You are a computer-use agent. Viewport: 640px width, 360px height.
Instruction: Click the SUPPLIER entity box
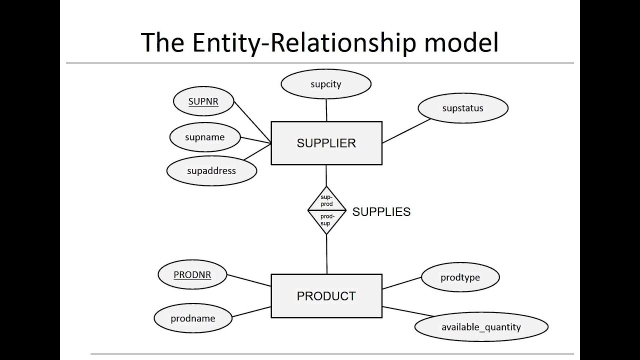pyautogui.click(x=326, y=143)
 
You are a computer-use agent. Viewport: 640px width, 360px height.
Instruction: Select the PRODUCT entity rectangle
pyautogui.click(x=326, y=296)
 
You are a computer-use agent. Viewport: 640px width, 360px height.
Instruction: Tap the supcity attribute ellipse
pyautogui.click(x=325, y=84)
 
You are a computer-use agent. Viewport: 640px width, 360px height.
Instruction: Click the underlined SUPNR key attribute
pyautogui.click(x=203, y=101)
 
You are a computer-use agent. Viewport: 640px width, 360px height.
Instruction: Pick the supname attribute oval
pyautogui.click(x=204, y=137)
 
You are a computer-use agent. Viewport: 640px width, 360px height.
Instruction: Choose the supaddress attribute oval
pyautogui.click(x=211, y=171)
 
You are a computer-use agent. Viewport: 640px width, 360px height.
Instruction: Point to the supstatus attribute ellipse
pyautogui.click(x=462, y=108)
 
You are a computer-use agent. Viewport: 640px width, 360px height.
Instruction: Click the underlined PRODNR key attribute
pyautogui.click(x=192, y=275)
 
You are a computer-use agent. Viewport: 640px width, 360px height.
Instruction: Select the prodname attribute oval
pyautogui.click(x=192, y=318)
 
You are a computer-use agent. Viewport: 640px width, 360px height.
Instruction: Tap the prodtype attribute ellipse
pyautogui.click(x=460, y=277)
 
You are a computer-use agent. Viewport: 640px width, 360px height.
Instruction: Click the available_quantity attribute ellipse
pyautogui.click(x=481, y=327)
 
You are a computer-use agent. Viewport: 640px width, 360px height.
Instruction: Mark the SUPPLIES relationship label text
pyautogui.click(x=381, y=212)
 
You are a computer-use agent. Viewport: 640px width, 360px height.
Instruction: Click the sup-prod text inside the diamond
pyautogui.click(x=326, y=201)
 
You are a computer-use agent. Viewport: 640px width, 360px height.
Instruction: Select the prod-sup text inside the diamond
pyautogui.click(x=326, y=220)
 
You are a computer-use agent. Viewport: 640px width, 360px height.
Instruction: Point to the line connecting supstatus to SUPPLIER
pyautogui.click(x=406, y=131)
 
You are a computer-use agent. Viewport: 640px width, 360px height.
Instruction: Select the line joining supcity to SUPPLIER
pyautogui.click(x=326, y=110)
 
